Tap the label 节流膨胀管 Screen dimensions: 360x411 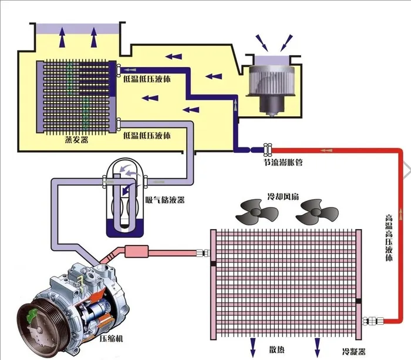click(x=283, y=162)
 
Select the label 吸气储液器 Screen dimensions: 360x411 click(x=165, y=200)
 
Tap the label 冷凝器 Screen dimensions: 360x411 click(x=355, y=351)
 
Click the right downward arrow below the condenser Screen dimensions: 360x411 click(x=318, y=345)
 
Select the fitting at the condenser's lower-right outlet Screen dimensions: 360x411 click(x=371, y=321)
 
